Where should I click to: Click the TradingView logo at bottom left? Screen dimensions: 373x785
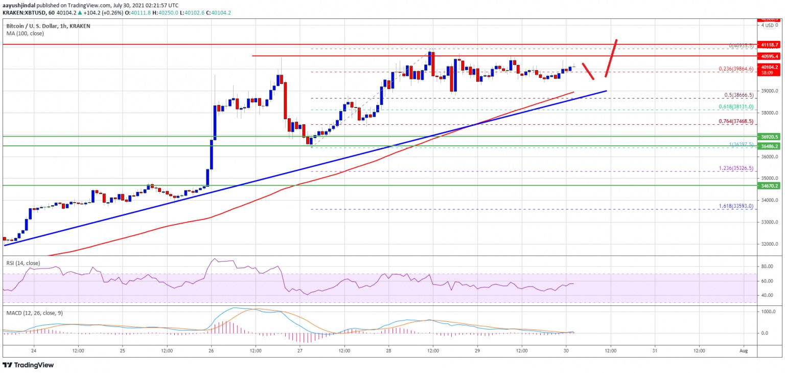29,365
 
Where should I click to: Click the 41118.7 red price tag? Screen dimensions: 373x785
770,45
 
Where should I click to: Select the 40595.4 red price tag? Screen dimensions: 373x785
770,56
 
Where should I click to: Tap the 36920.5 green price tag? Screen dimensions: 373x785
770,137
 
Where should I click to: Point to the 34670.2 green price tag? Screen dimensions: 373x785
770,186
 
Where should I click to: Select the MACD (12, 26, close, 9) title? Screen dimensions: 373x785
34,313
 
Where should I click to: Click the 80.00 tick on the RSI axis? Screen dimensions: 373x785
767,267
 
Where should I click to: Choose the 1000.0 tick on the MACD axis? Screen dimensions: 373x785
768,312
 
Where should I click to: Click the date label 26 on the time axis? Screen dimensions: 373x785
212,350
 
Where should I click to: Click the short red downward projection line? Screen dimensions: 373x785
588,71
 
